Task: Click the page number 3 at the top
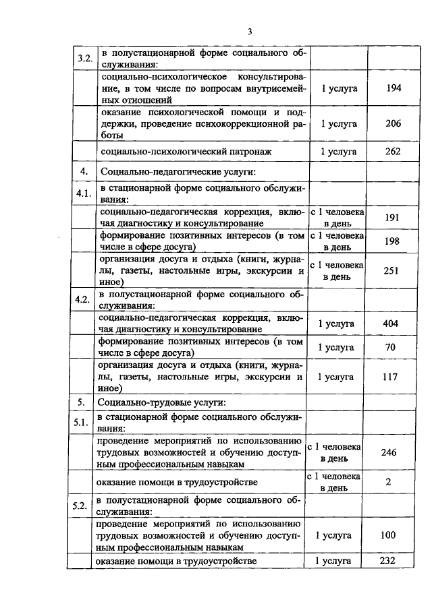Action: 250,31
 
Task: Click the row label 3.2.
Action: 84,59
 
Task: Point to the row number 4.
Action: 84,171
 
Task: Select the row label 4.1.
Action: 84,195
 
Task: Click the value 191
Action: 391,218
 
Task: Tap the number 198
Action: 391,241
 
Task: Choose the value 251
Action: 391,271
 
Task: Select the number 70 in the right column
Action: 390,348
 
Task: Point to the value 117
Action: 390,377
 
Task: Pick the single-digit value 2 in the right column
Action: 388,482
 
